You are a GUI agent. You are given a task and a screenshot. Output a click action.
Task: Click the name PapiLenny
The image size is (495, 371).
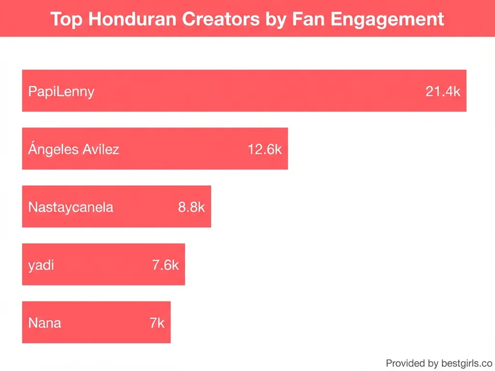tap(61, 91)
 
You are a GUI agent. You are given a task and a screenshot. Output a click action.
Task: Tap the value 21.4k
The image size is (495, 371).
tap(443, 91)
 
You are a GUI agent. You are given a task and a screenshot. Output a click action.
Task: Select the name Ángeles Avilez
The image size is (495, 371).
tap(73, 149)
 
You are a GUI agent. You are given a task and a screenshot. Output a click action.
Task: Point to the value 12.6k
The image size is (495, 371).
tap(264, 149)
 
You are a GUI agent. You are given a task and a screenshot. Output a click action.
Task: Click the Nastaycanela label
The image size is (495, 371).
tap(71, 207)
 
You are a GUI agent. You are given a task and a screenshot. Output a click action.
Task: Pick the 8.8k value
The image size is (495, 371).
tap(191, 207)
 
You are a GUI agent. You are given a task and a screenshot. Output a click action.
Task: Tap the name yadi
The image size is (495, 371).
tap(41, 265)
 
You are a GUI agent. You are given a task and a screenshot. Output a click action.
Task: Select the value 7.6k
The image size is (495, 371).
tap(165, 265)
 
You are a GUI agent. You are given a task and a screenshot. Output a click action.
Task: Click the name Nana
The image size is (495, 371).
tap(45, 323)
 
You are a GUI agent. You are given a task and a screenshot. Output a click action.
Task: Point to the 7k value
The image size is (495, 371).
tap(157, 323)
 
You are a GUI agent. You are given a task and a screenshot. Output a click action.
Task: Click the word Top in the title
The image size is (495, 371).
tap(66, 19)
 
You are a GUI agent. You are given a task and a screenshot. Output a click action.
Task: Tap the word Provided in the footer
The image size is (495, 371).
tap(405, 363)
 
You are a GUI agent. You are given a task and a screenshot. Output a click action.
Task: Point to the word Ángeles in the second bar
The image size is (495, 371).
tap(53, 149)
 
